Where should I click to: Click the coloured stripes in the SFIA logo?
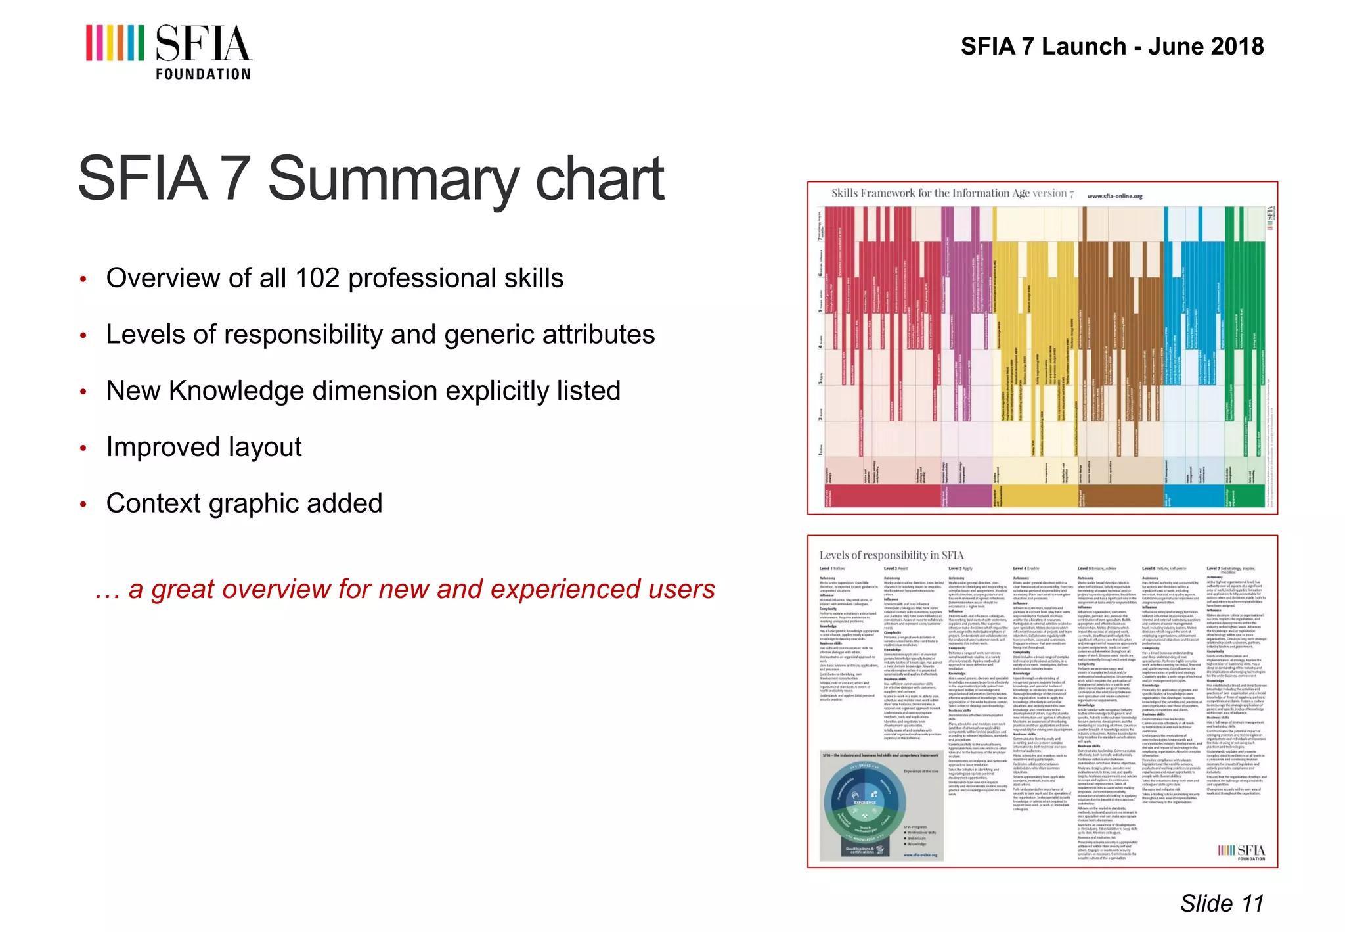pos(115,43)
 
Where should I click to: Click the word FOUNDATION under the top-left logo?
pos(203,74)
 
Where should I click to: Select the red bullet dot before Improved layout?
pos(83,448)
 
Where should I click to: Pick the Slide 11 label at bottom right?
pos(1222,903)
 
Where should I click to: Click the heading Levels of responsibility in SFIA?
pos(891,555)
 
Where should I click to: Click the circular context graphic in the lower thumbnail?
pos(866,806)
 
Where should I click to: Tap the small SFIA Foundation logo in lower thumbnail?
pos(1241,852)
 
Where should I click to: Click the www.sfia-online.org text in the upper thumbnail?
pos(1114,196)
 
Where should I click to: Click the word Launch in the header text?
pos(1084,47)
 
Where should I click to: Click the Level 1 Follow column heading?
pos(832,569)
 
